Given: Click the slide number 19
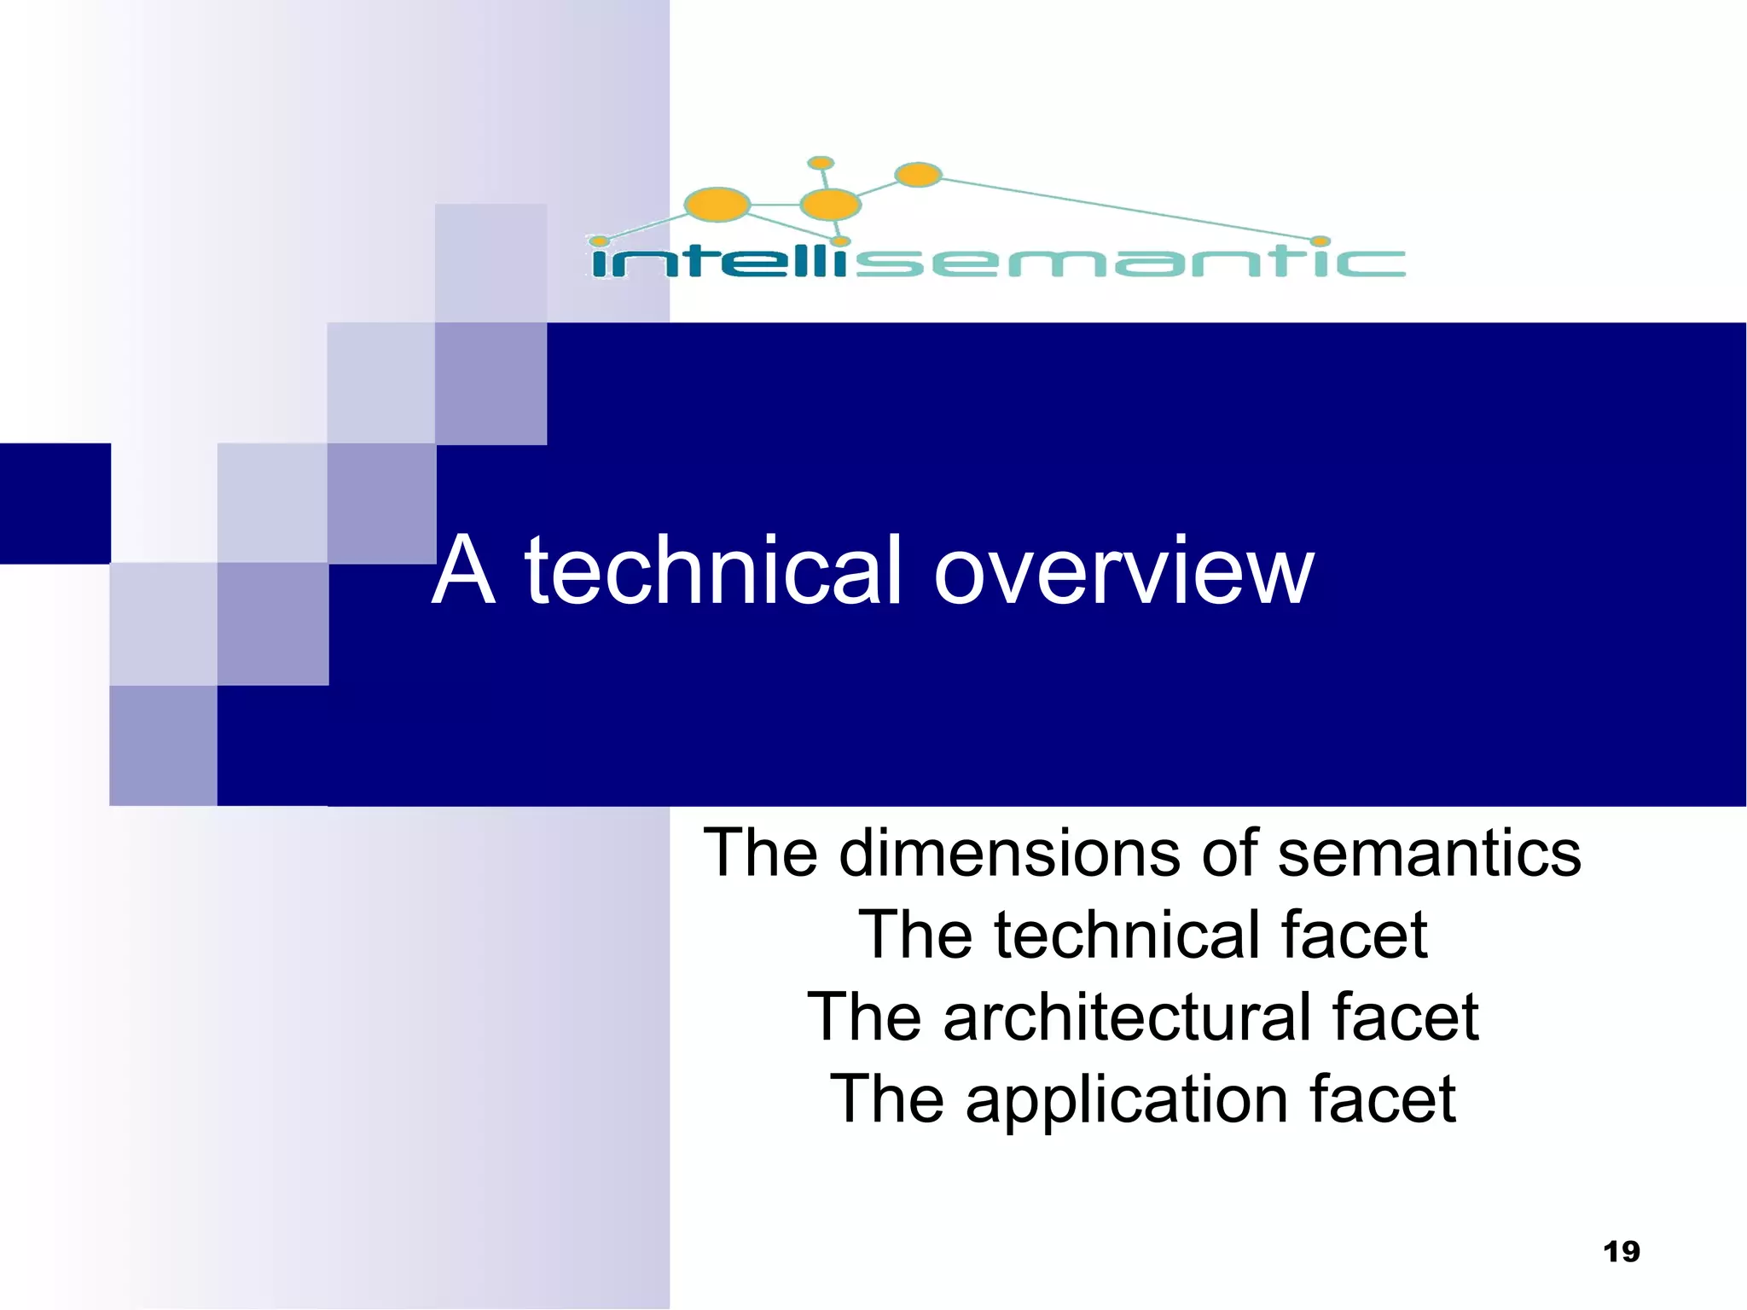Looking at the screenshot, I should [x=1621, y=1251].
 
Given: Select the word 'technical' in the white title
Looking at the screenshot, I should [x=712, y=570].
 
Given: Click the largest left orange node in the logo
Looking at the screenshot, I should [x=717, y=205].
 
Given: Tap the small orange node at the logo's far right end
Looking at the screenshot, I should [x=1320, y=241].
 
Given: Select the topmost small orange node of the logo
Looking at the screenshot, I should [x=820, y=163].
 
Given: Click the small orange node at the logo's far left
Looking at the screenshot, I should [x=600, y=241].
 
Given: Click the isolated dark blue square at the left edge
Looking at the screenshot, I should [x=55, y=503].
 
